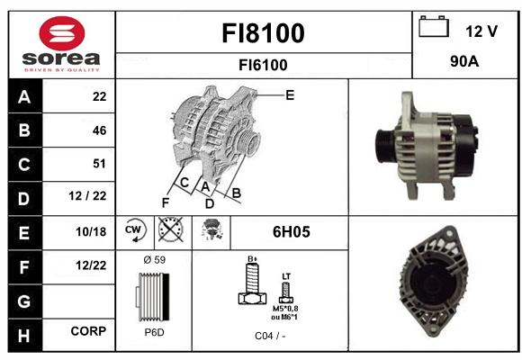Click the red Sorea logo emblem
[62, 33]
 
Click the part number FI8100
[263, 33]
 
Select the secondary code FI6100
[263, 65]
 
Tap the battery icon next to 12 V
[434, 26]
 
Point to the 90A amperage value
[464, 61]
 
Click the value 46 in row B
[100, 130]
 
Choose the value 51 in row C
[99, 164]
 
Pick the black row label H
[25, 336]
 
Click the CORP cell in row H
[88, 331]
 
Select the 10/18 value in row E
[91, 232]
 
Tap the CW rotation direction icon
[134, 229]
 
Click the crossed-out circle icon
[170, 229]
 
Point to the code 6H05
[292, 232]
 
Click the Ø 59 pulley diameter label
[155, 260]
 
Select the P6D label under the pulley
[155, 332]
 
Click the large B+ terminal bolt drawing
[253, 283]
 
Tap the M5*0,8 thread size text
[285, 309]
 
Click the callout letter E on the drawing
[290, 95]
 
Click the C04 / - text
[270, 336]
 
